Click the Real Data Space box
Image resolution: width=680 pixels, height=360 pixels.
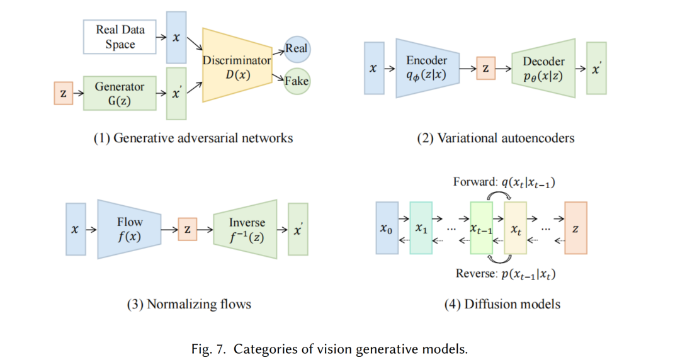point(119,37)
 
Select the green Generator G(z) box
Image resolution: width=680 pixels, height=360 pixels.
point(119,93)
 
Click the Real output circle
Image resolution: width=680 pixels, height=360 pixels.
point(297,48)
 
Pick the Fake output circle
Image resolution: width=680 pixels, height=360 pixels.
point(297,81)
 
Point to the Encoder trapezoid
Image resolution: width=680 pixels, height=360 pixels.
point(426,68)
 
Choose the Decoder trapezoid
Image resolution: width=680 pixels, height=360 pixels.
point(543,68)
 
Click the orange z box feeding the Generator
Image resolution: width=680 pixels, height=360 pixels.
point(62,94)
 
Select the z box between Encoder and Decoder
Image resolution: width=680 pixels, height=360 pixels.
point(485,68)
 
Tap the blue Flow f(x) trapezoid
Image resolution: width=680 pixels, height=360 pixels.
point(130,229)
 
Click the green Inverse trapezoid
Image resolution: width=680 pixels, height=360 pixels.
point(246,229)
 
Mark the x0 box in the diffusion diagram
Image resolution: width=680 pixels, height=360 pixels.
point(387,228)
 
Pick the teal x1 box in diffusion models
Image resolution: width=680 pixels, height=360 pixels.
point(421,228)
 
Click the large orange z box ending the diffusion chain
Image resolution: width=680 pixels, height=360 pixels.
point(575,228)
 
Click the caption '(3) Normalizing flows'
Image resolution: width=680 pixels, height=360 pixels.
point(189,305)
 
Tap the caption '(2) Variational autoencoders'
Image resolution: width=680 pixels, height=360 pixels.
point(496,138)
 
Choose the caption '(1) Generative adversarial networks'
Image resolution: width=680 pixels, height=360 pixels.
point(193,138)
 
